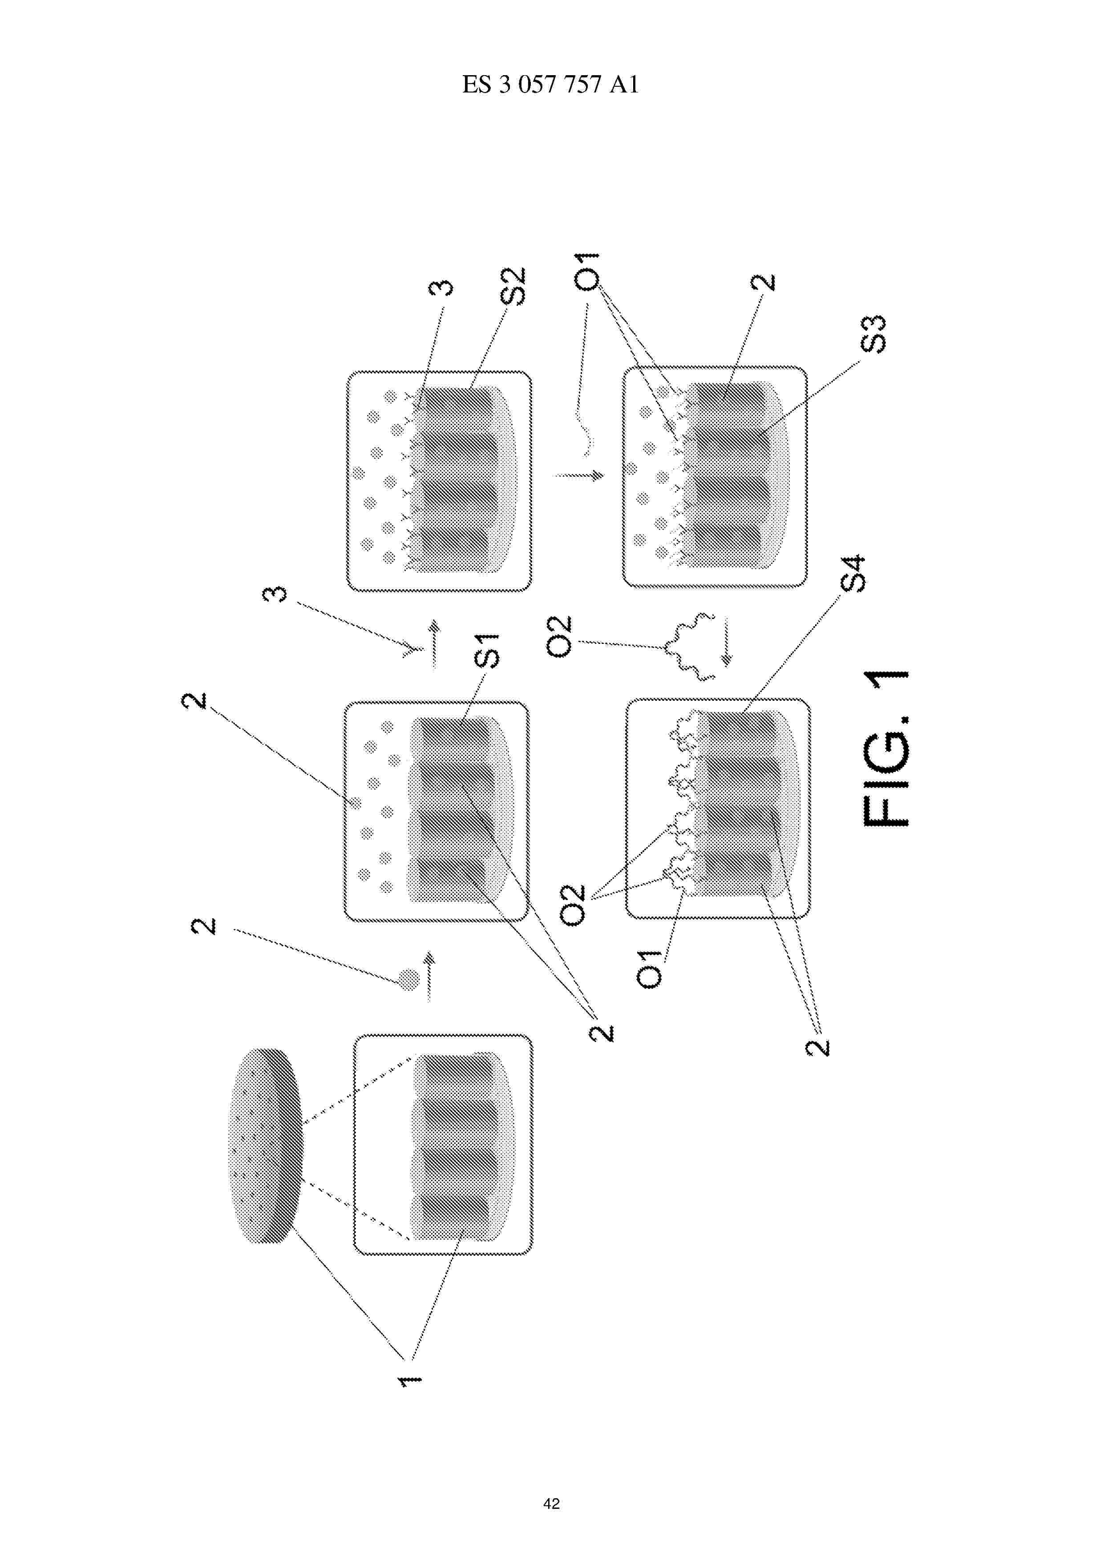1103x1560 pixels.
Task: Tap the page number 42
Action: [x=551, y=1504]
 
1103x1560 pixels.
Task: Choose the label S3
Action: [x=873, y=334]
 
